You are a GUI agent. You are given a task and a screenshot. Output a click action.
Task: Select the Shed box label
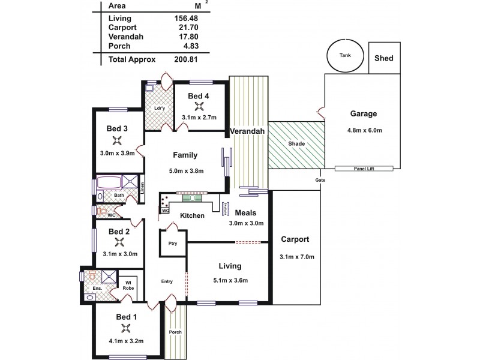click(x=383, y=58)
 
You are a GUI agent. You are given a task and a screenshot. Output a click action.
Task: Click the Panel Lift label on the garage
click(x=364, y=169)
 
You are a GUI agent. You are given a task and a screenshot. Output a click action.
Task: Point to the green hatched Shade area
click(x=295, y=144)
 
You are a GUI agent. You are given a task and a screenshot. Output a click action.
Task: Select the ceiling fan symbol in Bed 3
click(x=117, y=141)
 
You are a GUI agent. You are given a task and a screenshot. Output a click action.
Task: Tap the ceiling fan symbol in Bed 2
click(x=119, y=242)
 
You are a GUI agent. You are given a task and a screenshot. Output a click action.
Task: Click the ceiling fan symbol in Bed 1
click(x=125, y=328)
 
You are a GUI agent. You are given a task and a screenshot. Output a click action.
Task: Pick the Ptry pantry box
click(x=173, y=244)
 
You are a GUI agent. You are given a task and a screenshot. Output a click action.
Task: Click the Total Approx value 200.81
click(x=185, y=59)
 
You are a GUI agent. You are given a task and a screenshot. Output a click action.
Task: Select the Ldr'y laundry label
click(x=159, y=108)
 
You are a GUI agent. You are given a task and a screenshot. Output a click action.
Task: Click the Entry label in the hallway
click(x=167, y=281)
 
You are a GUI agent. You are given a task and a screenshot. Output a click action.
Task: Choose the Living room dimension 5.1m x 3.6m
click(x=230, y=280)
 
